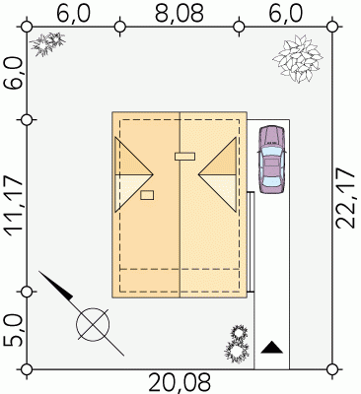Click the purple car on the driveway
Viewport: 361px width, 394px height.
[271, 160]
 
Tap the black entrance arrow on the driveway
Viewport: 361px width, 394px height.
[272, 348]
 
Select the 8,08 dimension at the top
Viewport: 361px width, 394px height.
[180, 14]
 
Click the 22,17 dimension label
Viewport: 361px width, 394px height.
[345, 198]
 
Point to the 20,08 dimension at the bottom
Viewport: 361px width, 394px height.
[180, 383]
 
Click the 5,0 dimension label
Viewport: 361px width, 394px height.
[15, 332]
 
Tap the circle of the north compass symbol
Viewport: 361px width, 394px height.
[93, 324]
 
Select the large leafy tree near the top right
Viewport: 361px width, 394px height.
[298, 59]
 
